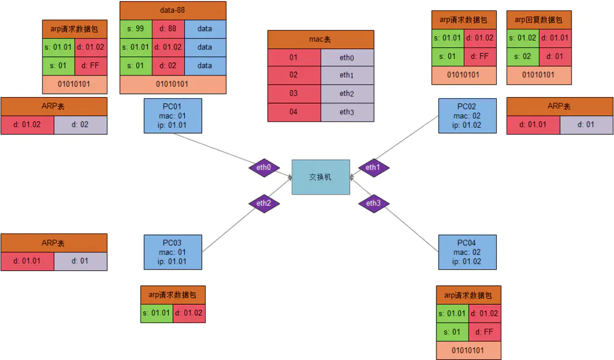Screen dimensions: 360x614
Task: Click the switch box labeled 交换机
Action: [x=321, y=177]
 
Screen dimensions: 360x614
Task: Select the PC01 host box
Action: [x=173, y=115]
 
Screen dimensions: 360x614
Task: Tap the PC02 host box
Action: [x=467, y=115]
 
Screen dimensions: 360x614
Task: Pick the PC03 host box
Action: [x=173, y=252]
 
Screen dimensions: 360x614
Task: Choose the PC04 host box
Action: [x=467, y=252]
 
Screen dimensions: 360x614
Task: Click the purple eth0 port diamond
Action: [x=264, y=167]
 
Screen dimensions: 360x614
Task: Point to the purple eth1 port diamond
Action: [x=373, y=167]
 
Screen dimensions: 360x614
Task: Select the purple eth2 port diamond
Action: [x=264, y=203]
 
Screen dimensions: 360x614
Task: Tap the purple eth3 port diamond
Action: [x=373, y=203]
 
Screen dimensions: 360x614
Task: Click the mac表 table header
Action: [x=321, y=39]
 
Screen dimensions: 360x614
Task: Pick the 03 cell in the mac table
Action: [x=293, y=94]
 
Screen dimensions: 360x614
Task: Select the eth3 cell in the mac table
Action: [x=347, y=112]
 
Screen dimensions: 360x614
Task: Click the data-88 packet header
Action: [x=173, y=10]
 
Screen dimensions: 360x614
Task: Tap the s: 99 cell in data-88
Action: [x=135, y=29]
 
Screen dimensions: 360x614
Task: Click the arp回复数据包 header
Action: [x=538, y=20]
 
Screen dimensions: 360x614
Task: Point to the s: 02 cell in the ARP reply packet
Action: [x=523, y=57]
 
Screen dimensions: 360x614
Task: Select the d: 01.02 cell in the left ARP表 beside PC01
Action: [x=27, y=125]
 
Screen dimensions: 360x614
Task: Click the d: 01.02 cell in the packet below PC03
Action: [x=188, y=313]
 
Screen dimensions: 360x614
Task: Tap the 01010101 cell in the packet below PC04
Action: [x=468, y=351]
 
